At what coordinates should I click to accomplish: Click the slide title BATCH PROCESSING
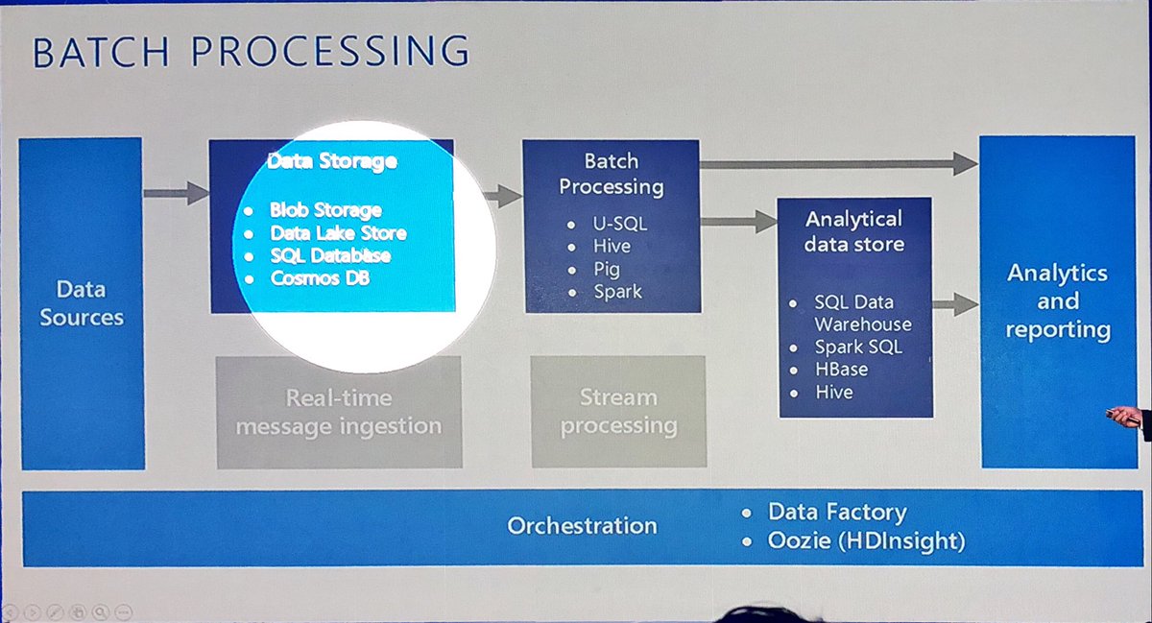point(251,52)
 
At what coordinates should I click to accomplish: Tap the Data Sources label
point(82,302)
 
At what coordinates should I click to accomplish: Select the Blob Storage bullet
point(325,209)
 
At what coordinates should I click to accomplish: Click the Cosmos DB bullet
point(320,278)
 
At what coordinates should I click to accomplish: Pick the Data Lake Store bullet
point(338,232)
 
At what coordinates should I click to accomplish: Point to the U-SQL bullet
point(620,224)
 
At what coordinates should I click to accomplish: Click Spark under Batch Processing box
point(617,291)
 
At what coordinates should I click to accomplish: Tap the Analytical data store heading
point(853,231)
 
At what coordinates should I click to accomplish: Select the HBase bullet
point(841,370)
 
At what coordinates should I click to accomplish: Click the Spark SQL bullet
point(858,347)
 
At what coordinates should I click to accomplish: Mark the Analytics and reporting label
point(1057,300)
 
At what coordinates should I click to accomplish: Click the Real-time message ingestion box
point(338,412)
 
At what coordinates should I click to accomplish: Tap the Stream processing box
point(618,412)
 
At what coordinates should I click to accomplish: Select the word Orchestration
point(582,525)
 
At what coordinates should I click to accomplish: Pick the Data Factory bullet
point(836,513)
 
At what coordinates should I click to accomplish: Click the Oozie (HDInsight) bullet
point(866,540)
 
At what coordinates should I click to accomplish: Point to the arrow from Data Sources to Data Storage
point(177,194)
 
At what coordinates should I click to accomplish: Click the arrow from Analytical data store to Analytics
point(954,305)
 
